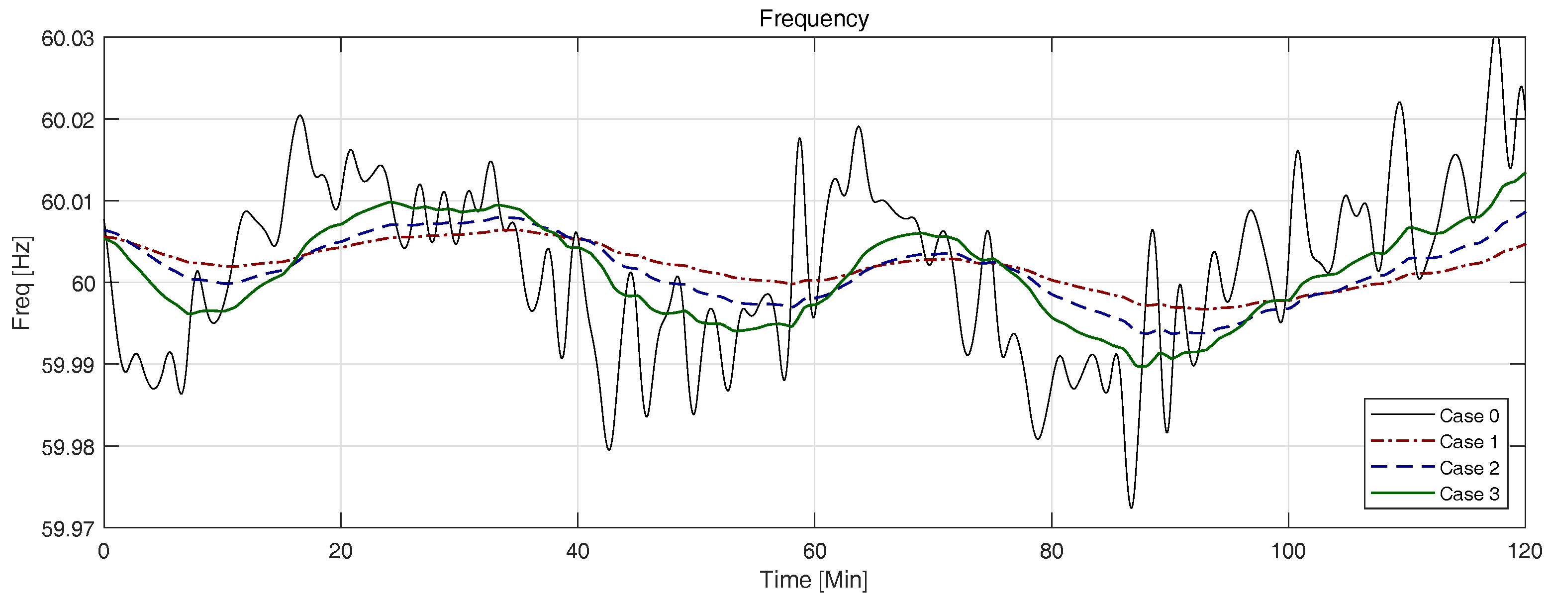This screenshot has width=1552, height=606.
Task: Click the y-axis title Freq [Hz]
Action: [x=22, y=283]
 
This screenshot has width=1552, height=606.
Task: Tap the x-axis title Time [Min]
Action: [x=813, y=580]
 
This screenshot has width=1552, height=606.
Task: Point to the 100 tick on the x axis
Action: [x=1288, y=551]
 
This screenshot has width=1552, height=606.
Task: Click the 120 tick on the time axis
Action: [x=1525, y=551]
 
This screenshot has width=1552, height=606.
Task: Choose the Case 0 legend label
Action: [x=1469, y=415]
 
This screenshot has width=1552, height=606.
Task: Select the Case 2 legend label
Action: [x=1469, y=468]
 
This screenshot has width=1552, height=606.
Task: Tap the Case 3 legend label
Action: [x=1469, y=494]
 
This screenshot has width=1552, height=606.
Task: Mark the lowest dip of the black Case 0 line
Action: [x=1131, y=507]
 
